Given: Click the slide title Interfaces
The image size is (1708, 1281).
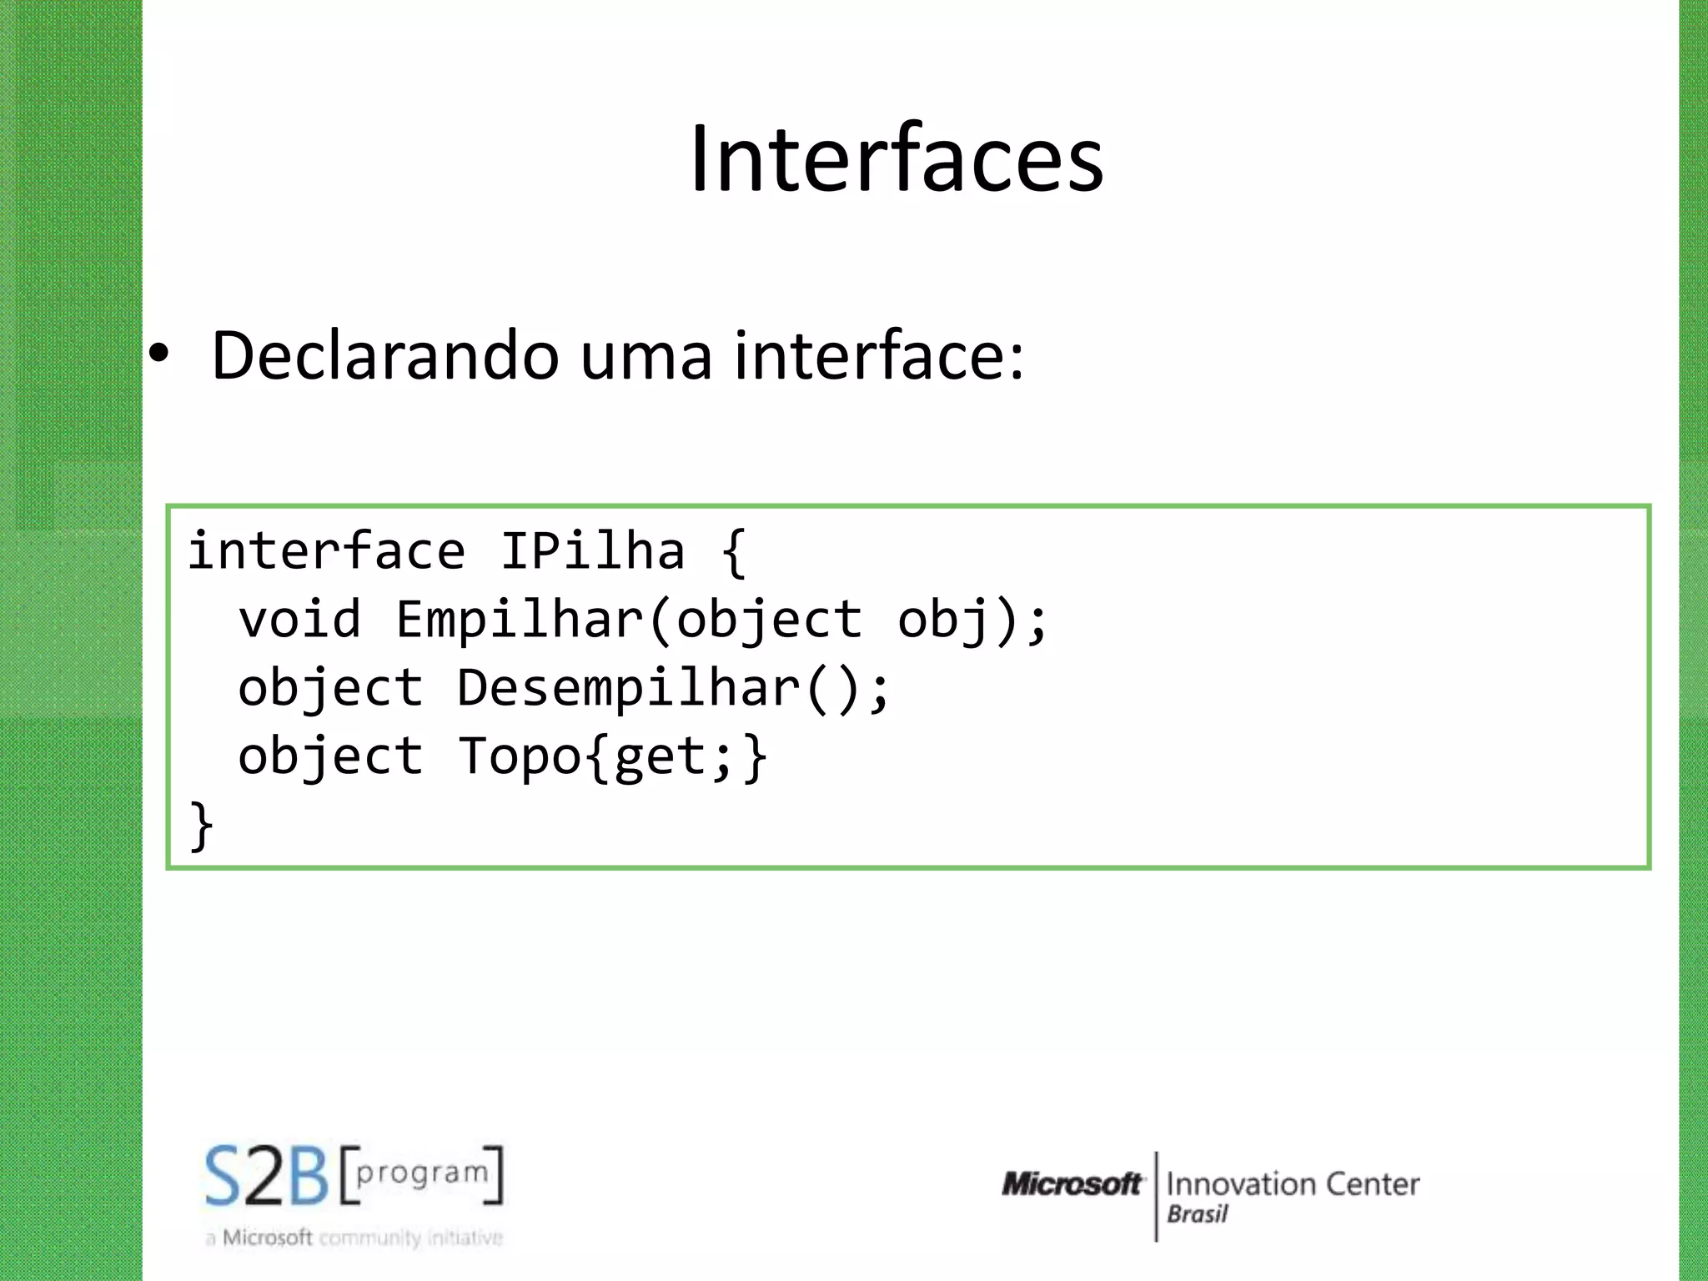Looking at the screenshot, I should coord(897,158).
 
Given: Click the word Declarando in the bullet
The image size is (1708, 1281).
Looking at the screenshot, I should coord(384,356).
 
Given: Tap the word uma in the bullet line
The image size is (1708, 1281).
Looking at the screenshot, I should coord(646,356).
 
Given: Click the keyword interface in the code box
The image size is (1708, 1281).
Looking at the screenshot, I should coord(326,551).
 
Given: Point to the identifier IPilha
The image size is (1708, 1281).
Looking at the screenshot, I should coord(592,551).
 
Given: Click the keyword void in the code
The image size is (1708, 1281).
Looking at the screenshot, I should coord(300,620).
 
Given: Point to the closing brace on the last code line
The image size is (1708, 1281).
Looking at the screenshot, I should coord(201,826).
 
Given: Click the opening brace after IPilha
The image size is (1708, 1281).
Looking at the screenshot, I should coord(733,552).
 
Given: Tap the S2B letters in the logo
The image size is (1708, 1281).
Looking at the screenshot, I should coord(267,1177).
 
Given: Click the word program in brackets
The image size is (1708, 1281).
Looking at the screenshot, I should coord(422,1173).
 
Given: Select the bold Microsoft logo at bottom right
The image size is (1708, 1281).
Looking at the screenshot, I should coord(1072,1183).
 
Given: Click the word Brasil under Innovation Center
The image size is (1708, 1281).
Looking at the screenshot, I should coord(1198,1214).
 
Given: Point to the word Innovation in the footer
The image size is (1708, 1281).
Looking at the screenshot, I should coord(1238,1184).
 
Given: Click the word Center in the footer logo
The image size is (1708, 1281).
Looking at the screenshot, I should coord(1373,1184).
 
